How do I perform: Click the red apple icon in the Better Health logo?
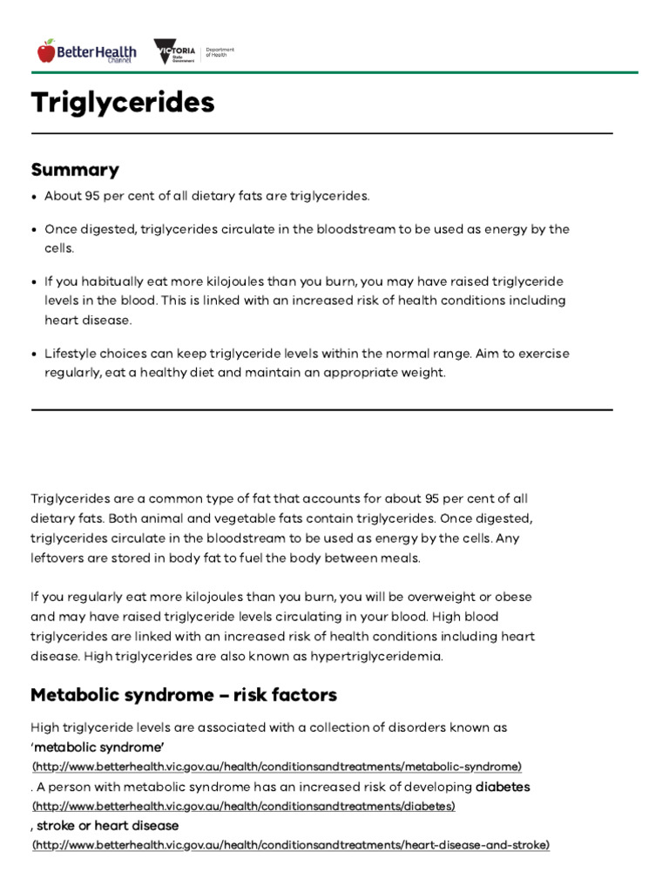[x=46, y=51]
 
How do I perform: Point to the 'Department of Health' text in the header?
[x=220, y=52]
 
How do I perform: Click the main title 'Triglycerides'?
[x=123, y=102]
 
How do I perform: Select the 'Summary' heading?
[x=75, y=169]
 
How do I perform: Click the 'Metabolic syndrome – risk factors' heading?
[x=184, y=694]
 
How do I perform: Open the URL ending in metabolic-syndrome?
[x=277, y=767]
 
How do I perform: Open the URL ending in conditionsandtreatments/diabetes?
[x=243, y=807]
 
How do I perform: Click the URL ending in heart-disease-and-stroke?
[x=291, y=846]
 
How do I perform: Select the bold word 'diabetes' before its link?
[x=503, y=787]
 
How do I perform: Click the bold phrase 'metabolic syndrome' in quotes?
[x=98, y=747]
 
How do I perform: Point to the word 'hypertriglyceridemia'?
[x=382, y=656]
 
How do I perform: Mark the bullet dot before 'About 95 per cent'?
[x=35, y=197]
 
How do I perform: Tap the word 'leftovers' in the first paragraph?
[x=58, y=557]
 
